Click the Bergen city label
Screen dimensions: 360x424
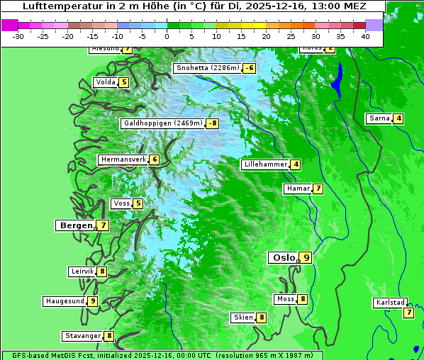(75, 225)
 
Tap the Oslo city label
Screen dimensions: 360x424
(283, 258)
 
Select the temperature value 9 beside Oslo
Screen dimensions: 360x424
(306, 258)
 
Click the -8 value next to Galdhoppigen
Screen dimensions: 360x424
(213, 123)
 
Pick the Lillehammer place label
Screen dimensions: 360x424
(265, 164)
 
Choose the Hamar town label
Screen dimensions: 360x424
(297, 189)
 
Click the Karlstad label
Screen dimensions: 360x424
(390, 303)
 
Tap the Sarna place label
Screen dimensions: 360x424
(379, 118)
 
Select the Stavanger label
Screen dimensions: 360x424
(82, 336)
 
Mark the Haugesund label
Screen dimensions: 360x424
(65, 301)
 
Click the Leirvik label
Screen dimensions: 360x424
(82, 271)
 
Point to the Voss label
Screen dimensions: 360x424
(121, 203)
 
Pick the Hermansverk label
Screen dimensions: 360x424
(123, 159)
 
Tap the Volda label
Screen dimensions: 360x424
(106, 82)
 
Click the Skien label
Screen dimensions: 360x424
(243, 317)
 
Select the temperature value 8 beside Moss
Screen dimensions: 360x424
(303, 299)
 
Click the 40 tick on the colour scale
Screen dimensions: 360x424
(365, 36)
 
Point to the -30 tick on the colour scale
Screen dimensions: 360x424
(18, 36)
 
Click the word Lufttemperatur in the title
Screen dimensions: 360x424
(59, 6)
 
